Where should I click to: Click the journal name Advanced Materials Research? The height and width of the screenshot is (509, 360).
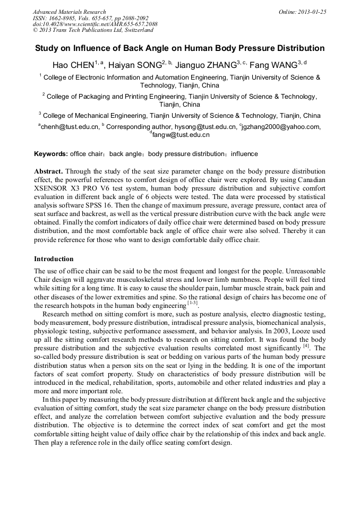(x=69, y=12)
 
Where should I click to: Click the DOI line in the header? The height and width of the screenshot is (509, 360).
(x=95, y=24)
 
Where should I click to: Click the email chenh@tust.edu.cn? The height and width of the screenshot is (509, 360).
(x=70, y=127)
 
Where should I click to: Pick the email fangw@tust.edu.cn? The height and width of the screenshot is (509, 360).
(x=181, y=135)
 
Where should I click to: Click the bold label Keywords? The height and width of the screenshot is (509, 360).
(x=51, y=154)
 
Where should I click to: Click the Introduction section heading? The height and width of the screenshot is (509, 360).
(x=54, y=259)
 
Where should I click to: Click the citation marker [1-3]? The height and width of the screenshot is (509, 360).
(x=192, y=303)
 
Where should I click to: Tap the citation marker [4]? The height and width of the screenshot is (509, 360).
(x=306, y=346)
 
